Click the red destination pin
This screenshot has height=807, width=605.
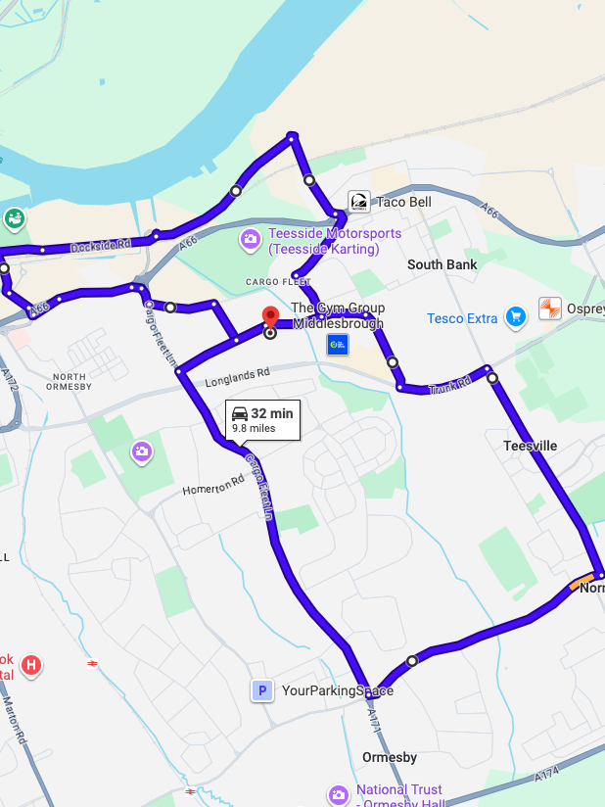[271, 318]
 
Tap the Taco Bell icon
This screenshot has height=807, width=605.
[359, 202]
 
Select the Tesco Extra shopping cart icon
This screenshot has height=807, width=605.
[515, 316]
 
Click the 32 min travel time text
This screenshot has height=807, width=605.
[272, 413]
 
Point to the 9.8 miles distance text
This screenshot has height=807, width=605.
[254, 428]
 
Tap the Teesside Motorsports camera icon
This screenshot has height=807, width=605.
[252, 239]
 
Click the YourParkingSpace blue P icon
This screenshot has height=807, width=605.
[261, 691]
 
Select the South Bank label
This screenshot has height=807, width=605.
[442, 264]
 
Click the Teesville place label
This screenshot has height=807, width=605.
[530, 446]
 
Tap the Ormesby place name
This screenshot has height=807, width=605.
[390, 757]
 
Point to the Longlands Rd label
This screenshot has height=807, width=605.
[237, 375]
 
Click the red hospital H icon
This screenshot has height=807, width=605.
[31, 666]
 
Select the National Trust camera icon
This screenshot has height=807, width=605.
[339, 794]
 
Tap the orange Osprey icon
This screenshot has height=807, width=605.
[550, 309]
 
